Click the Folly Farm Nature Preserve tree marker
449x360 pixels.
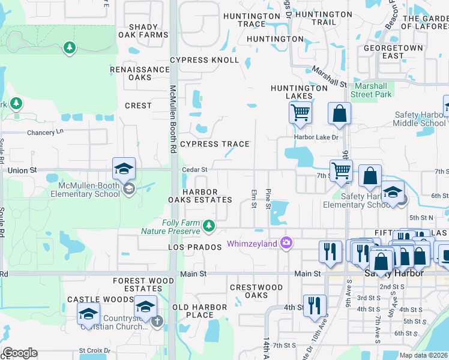pos(209,226)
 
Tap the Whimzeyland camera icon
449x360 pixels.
pos(286,243)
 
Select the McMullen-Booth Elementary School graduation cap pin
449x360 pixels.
pos(124,170)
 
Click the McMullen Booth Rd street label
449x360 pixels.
pos(172,119)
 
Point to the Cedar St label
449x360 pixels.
pos(194,170)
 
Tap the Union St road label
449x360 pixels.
pos(22,171)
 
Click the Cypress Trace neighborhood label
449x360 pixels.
pos(214,144)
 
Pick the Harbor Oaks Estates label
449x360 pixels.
pos(208,196)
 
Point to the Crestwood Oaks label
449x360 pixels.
pos(257,292)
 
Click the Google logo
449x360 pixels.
pos(20,353)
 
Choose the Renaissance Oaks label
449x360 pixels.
pos(140,73)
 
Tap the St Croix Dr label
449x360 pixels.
pos(94,350)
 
